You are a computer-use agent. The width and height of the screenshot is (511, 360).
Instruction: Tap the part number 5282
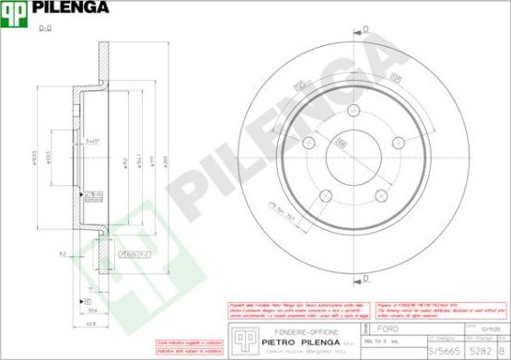tap(480, 351)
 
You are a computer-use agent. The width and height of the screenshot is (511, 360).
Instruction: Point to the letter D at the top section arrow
tap(366, 30)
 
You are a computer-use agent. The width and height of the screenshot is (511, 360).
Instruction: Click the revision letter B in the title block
tap(503, 351)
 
